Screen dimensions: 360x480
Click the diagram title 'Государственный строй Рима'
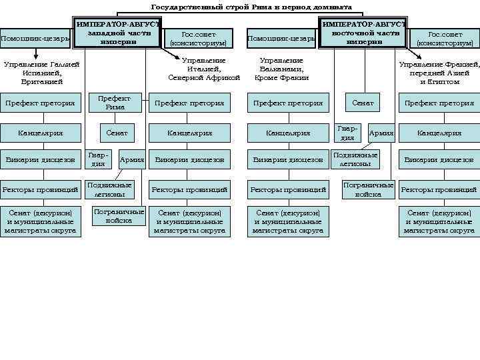click(251, 7)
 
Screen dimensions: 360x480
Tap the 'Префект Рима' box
click(115, 103)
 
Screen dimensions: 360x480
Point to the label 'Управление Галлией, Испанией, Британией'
click(41, 73)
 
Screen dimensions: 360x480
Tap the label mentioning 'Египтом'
click(439, 73)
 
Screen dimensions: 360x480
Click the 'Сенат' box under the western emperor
click(116, 133)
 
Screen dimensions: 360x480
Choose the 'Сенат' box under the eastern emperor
click(363, 103)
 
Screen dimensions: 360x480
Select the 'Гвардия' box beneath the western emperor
click(98, 159)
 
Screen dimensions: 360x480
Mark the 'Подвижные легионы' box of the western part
click(109, 189)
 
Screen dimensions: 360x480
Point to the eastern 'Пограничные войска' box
click(368, 189)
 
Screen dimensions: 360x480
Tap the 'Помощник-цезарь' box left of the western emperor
click(35, 39)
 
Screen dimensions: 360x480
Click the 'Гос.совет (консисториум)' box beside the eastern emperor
click(445, 39)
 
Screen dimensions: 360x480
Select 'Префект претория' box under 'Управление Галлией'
click(40, 103)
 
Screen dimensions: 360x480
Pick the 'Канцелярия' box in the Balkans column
click(288, 133)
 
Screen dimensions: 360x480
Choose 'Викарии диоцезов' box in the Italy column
click(189, 160)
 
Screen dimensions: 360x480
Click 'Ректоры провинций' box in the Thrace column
click(439, 190)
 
